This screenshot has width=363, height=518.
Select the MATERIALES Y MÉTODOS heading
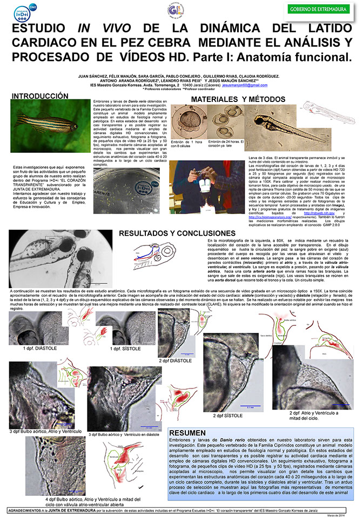tap(237, 99)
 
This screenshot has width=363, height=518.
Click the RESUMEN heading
tap(187, 433)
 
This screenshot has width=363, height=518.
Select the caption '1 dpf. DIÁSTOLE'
tap(41, 349)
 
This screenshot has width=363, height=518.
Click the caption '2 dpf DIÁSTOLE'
tap(177, 360)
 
